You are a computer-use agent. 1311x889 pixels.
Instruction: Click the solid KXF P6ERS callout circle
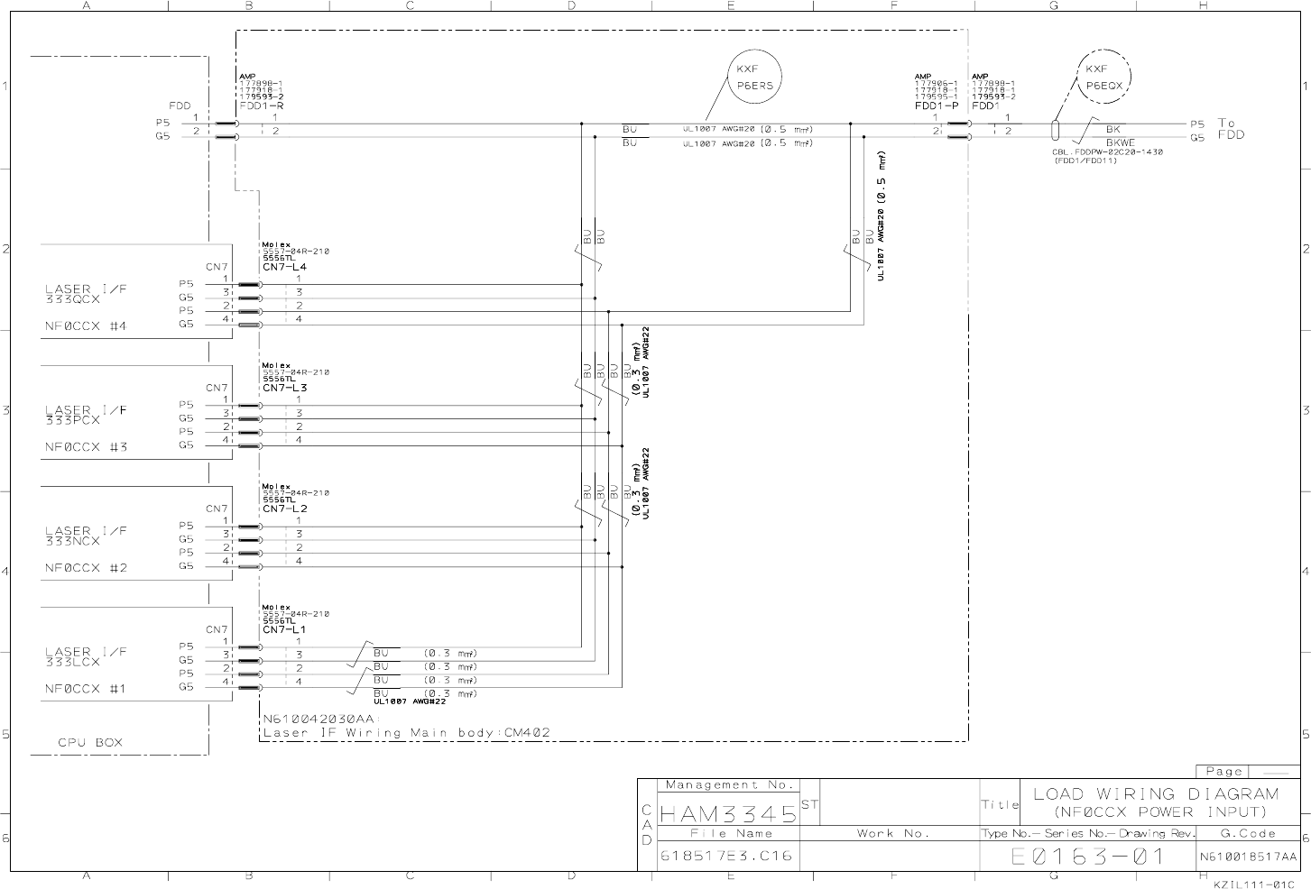click(754, 77)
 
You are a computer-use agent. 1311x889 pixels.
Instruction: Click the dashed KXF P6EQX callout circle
click(1103, 77)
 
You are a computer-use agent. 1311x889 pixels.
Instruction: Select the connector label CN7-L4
click(284, 267)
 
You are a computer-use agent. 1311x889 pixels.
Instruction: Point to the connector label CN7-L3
click(284, 388)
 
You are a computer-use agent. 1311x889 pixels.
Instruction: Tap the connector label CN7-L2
click(284, 509)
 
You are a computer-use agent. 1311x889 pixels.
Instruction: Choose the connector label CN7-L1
click(284, 629)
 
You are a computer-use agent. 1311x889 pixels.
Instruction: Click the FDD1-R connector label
click(262, 105)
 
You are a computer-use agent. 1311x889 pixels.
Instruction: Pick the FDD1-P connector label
click(937, 105)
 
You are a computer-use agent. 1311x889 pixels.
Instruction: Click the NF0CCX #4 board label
click(87, 326)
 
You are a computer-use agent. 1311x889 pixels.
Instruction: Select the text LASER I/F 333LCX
click(86, 656)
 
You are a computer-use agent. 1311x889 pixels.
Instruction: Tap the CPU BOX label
click(90, 743)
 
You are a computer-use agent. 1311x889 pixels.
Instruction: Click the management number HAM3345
click(728, 814)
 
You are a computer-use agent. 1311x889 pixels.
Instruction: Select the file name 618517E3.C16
click(726, 856)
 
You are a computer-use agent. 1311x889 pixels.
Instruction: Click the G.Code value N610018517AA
click(1248, 857)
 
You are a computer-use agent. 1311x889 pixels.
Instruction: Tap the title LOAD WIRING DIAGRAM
click(1155, 794)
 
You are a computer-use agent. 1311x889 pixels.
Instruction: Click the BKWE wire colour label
click(1120, 142)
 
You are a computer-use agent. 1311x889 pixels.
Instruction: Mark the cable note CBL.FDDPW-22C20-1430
click(1107, 152)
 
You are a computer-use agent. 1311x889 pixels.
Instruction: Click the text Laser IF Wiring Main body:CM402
click(405, 733)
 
